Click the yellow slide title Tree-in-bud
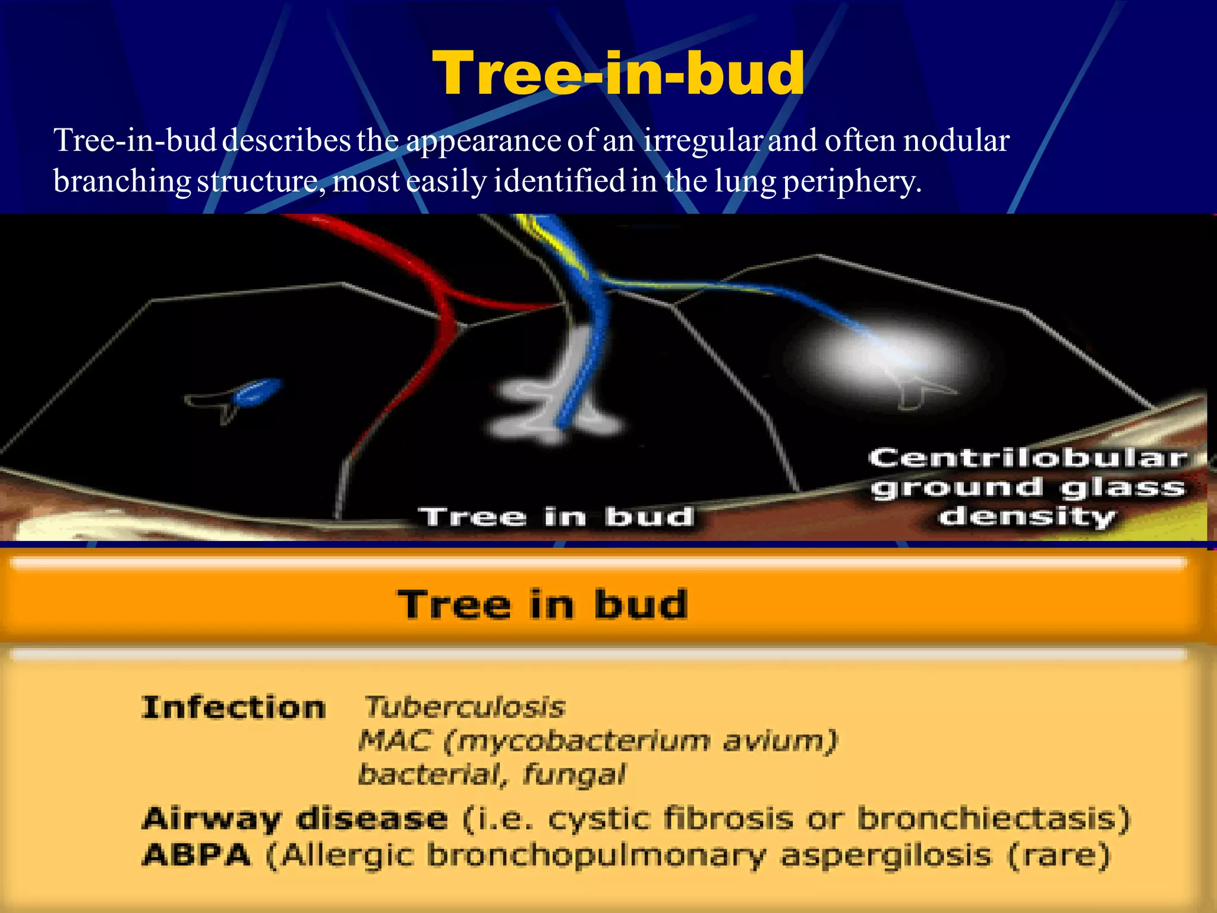click(618, 73)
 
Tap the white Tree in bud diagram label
click(556, 517)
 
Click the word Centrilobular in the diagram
click(1027, 458)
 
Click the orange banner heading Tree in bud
click(543, 605)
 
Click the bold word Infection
click(234, 708)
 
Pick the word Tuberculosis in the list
click(464, 707)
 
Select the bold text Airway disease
click(295, 819)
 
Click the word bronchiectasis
click(989, 819)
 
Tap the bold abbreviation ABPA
click(197, 856)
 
